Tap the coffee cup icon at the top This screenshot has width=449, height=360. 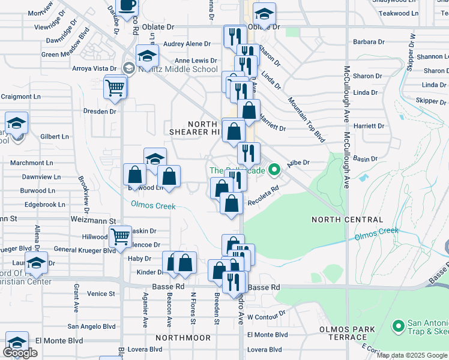pos(127,5)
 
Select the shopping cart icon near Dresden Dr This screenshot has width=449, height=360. pos(115,88)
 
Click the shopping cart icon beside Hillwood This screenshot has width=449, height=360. pos(121,236)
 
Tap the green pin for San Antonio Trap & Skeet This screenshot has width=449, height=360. pos(397,326)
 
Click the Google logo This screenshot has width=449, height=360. pos(20,353)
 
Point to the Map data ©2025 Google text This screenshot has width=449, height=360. pos(411,355)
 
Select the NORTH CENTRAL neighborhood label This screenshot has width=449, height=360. pos(347,220)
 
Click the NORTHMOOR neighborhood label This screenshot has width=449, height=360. pos(182,338)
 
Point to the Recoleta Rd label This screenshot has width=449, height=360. pos(265,197)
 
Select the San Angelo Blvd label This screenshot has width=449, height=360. pos(91,326)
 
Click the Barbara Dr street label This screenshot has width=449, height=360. pos(369,42)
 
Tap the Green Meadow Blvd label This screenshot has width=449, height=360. pos(66,54)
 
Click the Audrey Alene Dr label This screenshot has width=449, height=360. pos(187,44)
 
